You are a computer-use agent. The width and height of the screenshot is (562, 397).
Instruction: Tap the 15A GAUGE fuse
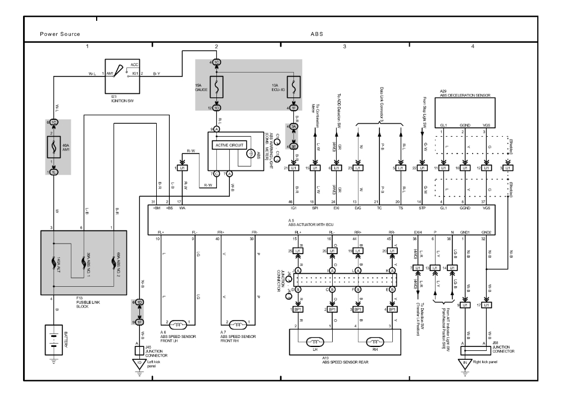[x=216, y=84]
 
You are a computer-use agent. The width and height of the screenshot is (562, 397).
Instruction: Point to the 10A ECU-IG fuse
[x=294, y=84]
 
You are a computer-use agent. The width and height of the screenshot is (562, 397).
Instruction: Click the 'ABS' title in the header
[x=317, y=34]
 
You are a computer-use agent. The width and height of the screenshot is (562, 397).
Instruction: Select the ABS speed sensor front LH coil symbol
[x=175, y=324]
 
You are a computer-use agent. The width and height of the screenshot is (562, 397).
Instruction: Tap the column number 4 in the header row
[x=473, y=45]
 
